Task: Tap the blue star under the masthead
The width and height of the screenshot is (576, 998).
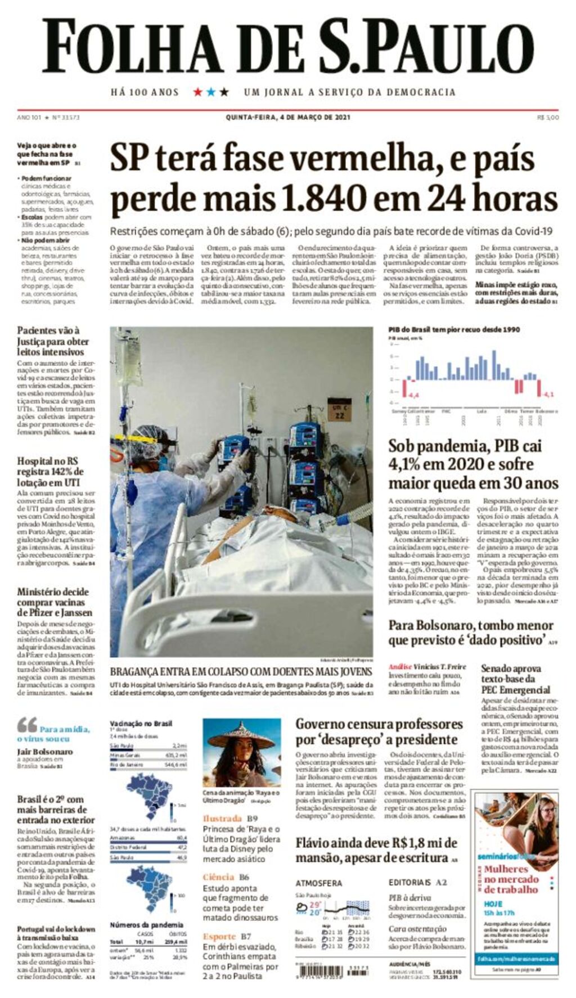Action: [211, 92]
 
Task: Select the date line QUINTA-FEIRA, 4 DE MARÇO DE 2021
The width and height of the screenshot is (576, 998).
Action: [288, 117]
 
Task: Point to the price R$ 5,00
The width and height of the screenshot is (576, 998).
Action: [548, 117]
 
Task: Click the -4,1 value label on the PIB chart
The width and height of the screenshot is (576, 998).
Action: [549, 394]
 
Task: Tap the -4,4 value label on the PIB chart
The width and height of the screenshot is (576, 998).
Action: [413, 395]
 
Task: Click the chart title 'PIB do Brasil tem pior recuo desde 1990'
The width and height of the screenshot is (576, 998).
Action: [454, 329]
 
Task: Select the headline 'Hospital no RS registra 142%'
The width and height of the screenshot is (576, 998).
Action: [51, 471]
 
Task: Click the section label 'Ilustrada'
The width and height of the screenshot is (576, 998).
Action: [222, 818]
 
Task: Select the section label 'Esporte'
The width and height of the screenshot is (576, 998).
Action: [219, 936]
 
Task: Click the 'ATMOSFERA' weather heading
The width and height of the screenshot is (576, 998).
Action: [319, 883]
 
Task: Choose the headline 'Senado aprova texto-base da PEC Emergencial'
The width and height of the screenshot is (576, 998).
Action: [515, 679]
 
